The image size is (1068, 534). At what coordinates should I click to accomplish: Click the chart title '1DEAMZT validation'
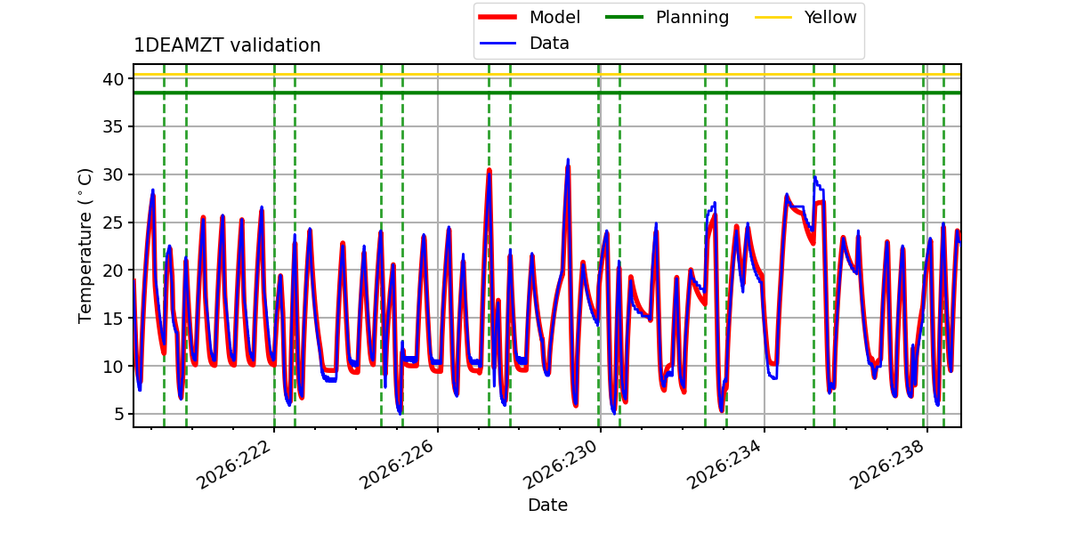click(227, 45)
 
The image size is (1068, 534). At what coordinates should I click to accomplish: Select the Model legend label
click(554, 17)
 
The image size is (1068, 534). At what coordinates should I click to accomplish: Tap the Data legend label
click(549, 44)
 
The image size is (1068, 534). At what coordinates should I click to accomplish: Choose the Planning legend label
click(692, 18)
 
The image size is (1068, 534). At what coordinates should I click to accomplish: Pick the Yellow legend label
click(830, 17)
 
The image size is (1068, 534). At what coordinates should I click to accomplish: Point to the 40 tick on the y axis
click(113, 79)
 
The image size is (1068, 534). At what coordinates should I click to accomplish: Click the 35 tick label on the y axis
click(113, 126)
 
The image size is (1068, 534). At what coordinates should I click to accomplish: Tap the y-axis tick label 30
click(113, 175)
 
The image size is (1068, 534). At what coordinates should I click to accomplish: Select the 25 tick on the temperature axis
click(113, 222)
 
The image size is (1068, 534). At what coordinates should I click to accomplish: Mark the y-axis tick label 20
click(113, 271)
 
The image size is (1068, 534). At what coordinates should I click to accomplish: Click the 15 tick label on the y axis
click(113, 319)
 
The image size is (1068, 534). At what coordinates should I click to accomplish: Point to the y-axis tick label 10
click(113, 367)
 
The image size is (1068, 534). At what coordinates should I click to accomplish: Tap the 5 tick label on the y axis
click(118, 415)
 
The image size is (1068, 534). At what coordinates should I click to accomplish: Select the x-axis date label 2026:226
click(398, 464)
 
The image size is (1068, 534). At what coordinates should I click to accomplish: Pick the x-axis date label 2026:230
click(561, 464)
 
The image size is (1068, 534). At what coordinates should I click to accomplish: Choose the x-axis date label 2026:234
click(724, 464)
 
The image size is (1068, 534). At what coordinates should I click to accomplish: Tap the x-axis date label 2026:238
click(888, 464)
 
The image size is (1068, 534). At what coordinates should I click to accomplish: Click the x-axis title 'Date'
click(547, 505)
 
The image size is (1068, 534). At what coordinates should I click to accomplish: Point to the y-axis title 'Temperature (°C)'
click(85, 246)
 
